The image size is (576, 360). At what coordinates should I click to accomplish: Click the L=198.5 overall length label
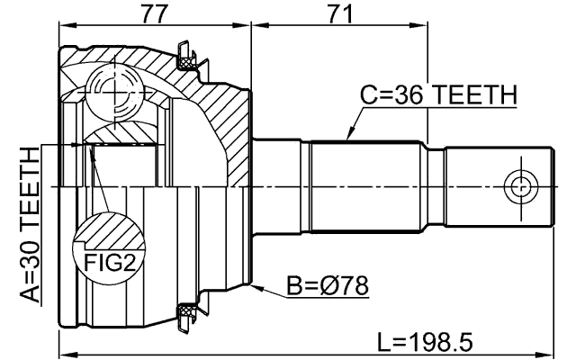point(425,342)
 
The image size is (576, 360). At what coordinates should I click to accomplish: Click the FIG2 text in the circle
point(105,262)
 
